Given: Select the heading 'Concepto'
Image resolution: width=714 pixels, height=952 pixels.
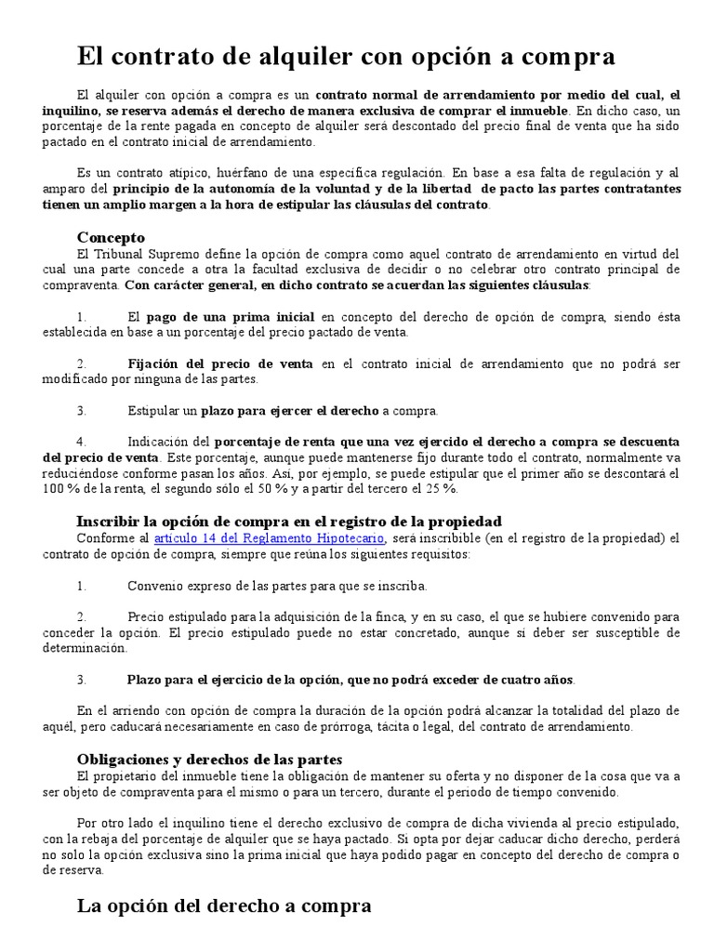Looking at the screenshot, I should tap(111, 237).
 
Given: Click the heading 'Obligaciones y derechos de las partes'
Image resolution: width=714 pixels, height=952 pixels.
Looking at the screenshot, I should tap(209, 759).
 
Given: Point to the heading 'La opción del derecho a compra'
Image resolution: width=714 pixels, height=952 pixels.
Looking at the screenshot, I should tap(224, 906).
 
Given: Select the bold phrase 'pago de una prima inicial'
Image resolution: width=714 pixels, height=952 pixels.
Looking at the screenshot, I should tap(230, 317).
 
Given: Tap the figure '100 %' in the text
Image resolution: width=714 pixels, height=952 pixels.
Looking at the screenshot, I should tap(59, 489).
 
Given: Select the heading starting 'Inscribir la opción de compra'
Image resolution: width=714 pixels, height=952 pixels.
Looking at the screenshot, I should tap(288, 522).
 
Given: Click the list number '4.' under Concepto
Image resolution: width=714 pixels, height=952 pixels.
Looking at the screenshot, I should tap(82, 441).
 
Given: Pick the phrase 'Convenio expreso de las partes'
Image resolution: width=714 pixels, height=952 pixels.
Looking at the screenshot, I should tap(213, 586).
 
